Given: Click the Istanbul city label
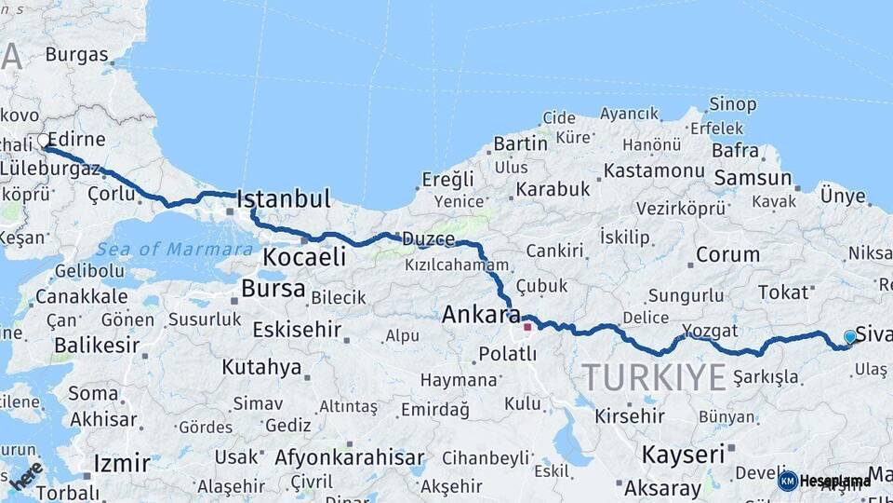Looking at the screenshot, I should tap(284, 198).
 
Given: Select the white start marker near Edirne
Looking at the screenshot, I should tap(43, 141).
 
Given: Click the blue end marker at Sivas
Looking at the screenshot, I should tap(849, 336).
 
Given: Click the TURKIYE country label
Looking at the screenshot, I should tap(653, 377).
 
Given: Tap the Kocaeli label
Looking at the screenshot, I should tap(304, 257).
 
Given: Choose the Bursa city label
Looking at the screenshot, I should tap(273, 289).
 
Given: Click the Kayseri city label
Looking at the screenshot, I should tap(683, 455).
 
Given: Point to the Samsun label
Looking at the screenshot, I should tap(752, 178).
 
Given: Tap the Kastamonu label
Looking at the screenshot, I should tap(654, 171).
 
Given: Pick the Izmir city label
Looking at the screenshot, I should tap(121, 463).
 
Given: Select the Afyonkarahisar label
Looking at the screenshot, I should tap(349, 457).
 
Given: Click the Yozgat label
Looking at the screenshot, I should tap(710, 330).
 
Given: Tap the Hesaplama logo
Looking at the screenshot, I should tap(825, 481).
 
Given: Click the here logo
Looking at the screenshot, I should tap(26, 475).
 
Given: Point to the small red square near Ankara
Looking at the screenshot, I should tap(527, 326).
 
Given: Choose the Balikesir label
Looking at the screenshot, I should tap(97, 345).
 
